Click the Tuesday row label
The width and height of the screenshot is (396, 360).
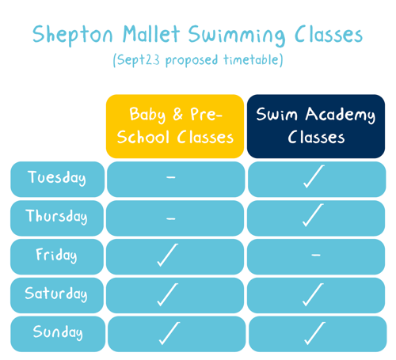click(57, 179)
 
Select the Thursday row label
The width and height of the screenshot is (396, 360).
click(57, 218)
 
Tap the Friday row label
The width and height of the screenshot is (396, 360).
click(57, 256)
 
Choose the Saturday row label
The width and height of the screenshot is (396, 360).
click(57, 295)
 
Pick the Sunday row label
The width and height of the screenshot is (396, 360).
click(58, 334)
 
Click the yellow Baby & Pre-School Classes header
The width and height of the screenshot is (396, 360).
click(175, 127)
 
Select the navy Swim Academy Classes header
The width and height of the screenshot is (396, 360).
click(316, 127)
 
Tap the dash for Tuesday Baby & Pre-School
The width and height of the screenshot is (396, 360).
click(171, 177)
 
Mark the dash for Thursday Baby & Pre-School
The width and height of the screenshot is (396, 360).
click(171, 218)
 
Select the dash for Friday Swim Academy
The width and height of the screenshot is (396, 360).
click(316, 255)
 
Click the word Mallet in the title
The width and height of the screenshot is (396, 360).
click(151, 34)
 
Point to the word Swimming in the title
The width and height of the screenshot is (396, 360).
click(237, 36)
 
